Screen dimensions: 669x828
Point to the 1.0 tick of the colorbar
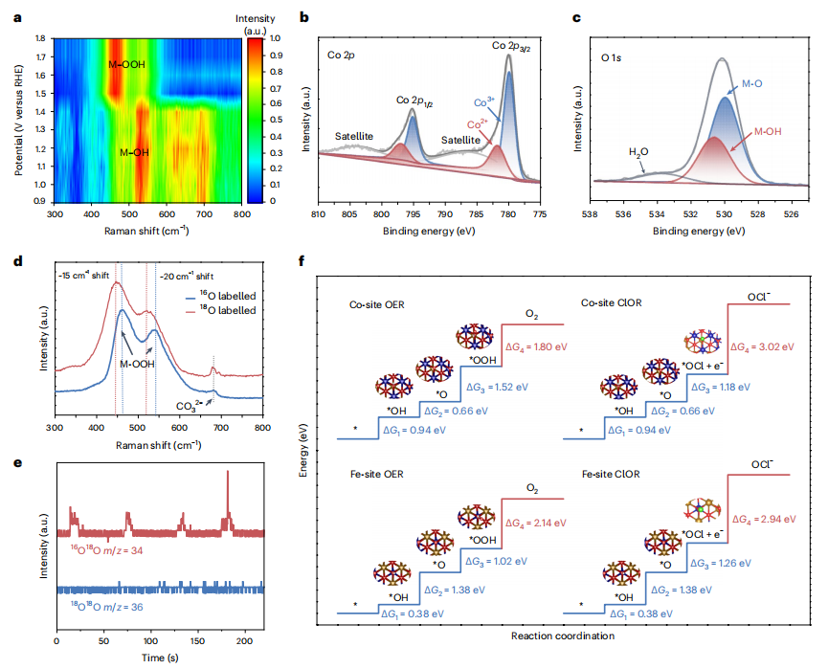[276, 38]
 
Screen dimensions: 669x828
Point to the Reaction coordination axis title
[565, 636]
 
